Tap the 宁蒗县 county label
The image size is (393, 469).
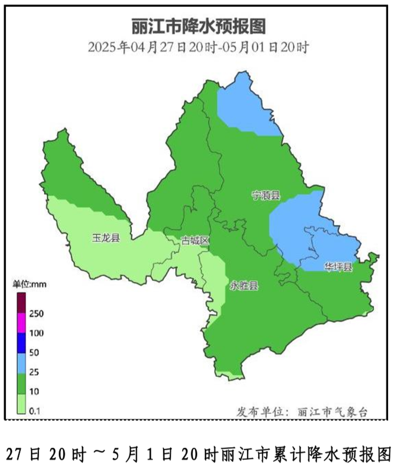(x=266, y=196)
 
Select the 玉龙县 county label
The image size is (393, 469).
(x=106, y=238)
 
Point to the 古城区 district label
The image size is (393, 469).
(x=195, y=241)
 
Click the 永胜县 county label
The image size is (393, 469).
(x=244, y=286)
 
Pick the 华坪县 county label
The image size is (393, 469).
(x=338, y=267)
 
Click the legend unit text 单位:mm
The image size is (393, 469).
(x=30, y=284)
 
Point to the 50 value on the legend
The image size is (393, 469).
(x=34, y=352)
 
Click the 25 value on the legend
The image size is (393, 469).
(x=34, y=372)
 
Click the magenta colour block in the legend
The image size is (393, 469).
(x=21, y=323)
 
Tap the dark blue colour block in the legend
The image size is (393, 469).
(x=21, y=343)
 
